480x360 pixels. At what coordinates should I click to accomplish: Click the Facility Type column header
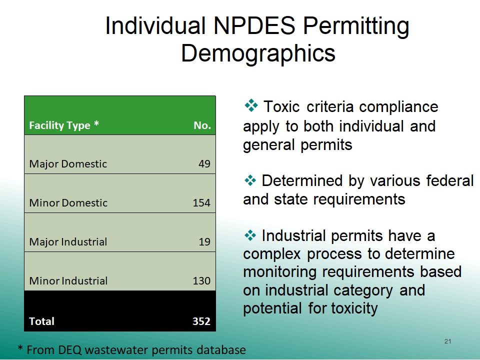pos(64,125)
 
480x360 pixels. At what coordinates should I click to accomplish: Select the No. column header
pos(202,125)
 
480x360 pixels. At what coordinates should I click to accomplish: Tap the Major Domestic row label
pos(68,164)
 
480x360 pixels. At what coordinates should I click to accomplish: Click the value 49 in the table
pos(204,164)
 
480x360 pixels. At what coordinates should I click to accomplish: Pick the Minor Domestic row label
pos(68,202)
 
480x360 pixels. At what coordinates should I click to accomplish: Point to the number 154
pos(201,202)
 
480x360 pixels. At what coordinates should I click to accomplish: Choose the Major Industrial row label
pos(68,242)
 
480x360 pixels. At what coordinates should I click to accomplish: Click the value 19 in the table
pos(204,242)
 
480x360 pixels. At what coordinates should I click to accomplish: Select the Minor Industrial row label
pos(68,280)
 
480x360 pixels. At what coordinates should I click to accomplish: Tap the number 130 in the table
pos(201,280)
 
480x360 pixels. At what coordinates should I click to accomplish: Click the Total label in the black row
pos(41,321)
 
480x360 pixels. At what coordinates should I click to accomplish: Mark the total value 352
pos(201,321)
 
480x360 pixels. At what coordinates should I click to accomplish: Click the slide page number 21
pos(448,341)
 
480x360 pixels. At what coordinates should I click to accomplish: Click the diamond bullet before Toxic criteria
pos(251,105)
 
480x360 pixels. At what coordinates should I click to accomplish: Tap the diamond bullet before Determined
pos(250,180)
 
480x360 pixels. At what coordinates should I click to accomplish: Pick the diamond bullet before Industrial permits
pos(250,235)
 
